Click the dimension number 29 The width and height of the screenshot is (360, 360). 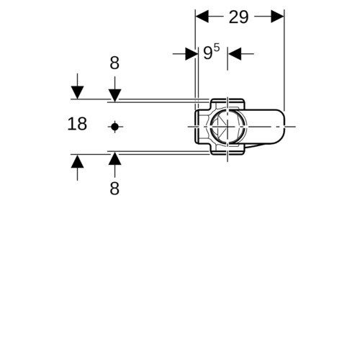pos(238,17)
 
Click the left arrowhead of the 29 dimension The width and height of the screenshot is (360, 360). pos(202,17)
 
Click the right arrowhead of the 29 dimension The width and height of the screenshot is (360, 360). pos(277,17)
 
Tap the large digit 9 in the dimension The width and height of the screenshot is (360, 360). pos(208,53)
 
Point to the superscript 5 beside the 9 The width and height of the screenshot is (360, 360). pos(216,48)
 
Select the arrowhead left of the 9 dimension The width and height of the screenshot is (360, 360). pos(192,54)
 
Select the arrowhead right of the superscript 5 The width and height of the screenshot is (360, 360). pos(235,54)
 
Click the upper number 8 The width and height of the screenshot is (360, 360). pos(114,63)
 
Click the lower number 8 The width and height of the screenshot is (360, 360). pos(114,189)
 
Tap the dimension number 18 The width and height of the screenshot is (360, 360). pos(77,124)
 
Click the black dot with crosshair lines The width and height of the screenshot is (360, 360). pos(114,127)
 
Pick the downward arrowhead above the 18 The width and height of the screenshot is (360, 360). pos(77,92)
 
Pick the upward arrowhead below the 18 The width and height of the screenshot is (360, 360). pos(77,161)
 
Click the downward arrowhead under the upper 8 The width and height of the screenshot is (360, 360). pos(114,96)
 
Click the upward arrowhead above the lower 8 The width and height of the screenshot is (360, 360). pos(114,158)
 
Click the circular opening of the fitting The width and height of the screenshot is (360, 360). pos(228,127)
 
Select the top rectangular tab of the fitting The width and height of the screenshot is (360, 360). pos(228,104)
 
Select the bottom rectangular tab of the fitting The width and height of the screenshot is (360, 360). pos(228,149)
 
